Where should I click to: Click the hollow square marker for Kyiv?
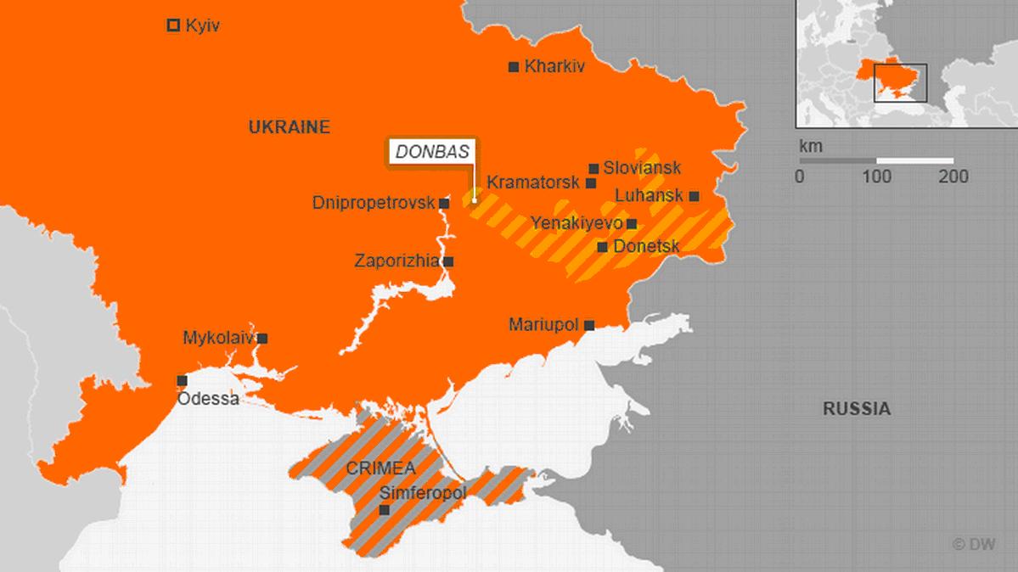[x=173, y=25]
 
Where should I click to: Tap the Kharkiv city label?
[x=554, y=66]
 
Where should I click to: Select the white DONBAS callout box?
[x=431, y=151]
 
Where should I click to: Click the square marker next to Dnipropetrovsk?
[x=444, y=204]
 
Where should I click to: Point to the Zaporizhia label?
[x=397, y=261]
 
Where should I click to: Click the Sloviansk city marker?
[x=593, y=169]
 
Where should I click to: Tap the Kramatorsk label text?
[x=532, y=182]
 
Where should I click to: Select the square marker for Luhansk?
[x=694, y=196]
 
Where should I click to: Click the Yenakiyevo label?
[x=576, y=223]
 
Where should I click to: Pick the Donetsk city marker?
[x=602, y=247]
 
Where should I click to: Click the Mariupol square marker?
[x=589, y=325]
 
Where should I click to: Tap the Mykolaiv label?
[x=218, y=338]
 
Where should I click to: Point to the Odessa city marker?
[x=182, y=381]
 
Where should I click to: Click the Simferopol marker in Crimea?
[x=384, y=510]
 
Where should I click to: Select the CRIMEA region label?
[x=380, y=468]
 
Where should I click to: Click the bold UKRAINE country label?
[x=289, y=127]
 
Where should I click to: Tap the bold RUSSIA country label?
[x=857, y=409]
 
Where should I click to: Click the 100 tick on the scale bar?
[x=876, y=177]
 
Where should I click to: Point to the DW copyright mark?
[x=975, y=545]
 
